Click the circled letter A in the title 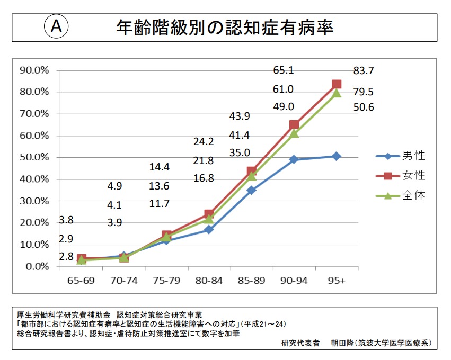(57, 28)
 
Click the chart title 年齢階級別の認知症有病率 (225, 28)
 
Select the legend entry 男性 (413, 156)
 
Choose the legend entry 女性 (413, 175)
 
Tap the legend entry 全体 (413, 195)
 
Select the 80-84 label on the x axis (209, 281)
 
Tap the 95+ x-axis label (337, 281)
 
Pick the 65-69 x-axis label (81, 281)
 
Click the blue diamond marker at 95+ (337, 156)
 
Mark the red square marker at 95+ (337, 84)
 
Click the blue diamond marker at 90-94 (294, 159)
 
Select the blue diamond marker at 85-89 (251, 190)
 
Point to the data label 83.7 (364, 71)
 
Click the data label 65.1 (284, 70)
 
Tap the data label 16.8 (204, 178)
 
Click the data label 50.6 (364, 107)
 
